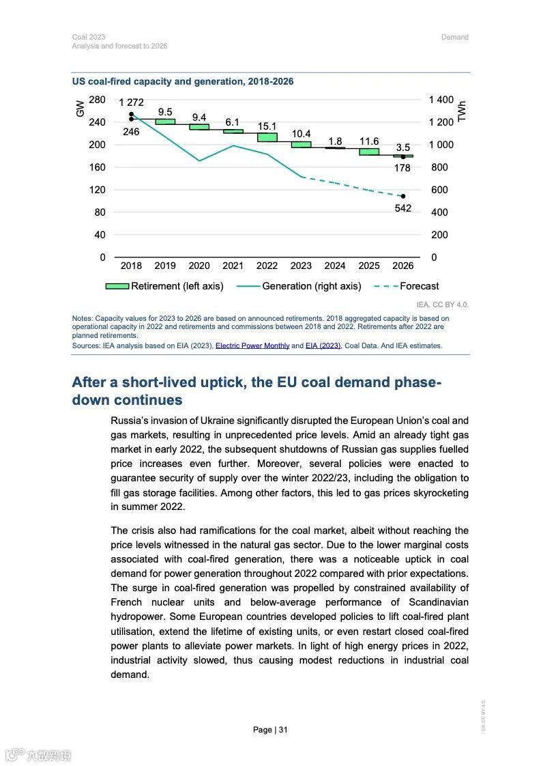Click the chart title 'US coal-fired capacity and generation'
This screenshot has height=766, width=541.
click(183, 81)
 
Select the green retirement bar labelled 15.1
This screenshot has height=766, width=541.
click(267, 137)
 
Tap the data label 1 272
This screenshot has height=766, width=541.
click(131, 102)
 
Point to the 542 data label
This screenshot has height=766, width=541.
click(403, 208)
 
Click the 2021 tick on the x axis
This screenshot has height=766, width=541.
click(233, 266)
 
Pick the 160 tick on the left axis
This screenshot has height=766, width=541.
click(98, 167)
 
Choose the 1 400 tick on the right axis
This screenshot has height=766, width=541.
click(441, 100)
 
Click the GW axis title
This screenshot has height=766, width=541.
click(81, 108)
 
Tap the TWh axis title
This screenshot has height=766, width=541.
click(462, 111)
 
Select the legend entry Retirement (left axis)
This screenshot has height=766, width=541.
click(164, 286)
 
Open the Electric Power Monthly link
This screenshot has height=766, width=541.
click(252, 345)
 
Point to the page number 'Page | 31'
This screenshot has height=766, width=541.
click(270, 730)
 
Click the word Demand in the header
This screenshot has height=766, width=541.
click(454, 37)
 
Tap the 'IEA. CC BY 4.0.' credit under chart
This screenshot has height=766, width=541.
click(443, 304)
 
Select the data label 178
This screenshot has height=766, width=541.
click(403, 168)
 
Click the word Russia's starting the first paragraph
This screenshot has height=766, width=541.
click(129, 421)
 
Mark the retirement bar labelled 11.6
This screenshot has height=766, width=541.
click(369, 152)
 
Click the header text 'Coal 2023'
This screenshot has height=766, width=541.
click(89, 37)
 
